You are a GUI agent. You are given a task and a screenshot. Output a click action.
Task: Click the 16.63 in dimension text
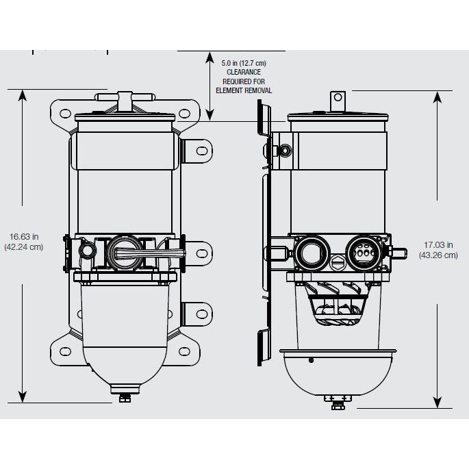click(23, 236)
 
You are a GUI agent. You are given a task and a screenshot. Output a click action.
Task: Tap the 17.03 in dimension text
click(438, 245)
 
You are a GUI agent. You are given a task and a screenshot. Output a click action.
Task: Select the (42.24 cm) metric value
click(23, 247)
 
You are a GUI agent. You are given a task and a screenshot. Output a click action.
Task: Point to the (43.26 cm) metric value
click(438, 255)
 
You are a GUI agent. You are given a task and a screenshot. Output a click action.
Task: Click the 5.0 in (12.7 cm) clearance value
click(244, 63)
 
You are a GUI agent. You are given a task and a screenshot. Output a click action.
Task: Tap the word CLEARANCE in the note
click(244, 72)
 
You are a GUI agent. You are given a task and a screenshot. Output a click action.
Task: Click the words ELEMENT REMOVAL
click(244, 90)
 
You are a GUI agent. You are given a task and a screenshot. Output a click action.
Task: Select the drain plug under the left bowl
click(125, 398)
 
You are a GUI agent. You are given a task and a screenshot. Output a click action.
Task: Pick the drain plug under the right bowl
click(337, 403)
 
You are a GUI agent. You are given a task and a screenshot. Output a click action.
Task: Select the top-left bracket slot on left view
click(66, 112)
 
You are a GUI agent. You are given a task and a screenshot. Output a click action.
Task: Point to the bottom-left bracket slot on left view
click(66, 351)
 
